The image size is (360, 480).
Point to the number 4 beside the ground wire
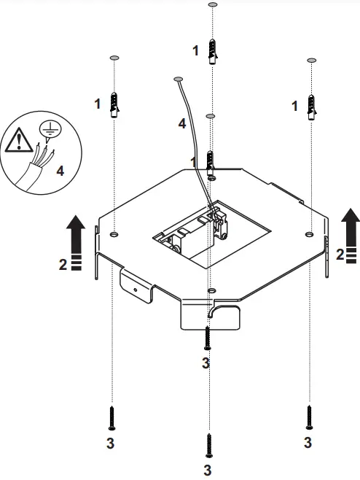coord(181,124)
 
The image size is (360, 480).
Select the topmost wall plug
coord(211,52)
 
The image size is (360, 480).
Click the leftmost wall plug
coord(114,105)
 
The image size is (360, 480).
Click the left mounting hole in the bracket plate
coord(114,235)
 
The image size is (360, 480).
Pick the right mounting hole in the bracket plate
coord(310,235)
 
